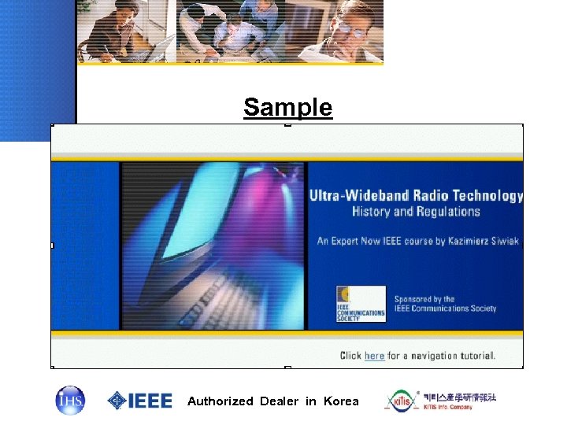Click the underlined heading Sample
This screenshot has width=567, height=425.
coord(288,106)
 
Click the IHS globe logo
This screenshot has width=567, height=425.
coord(69,400)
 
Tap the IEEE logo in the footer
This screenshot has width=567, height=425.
coord(140,400)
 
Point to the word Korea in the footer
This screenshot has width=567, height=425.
coord(340,401)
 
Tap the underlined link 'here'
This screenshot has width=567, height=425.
coord(374,356)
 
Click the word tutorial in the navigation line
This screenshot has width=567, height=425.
coord(475,356)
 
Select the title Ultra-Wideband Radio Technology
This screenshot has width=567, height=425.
coord(416,196)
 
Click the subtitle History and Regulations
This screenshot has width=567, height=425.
coord(416,212)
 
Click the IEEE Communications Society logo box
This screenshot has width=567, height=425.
coord(361,304)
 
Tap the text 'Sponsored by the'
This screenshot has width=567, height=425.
coord(424,299)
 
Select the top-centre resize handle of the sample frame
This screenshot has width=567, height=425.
coord(287,124)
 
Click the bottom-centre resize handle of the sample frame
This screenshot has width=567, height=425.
coord(287,367)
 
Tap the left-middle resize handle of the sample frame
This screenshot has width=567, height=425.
coord(52,246)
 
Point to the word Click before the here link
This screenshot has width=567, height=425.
coord(350,356)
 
